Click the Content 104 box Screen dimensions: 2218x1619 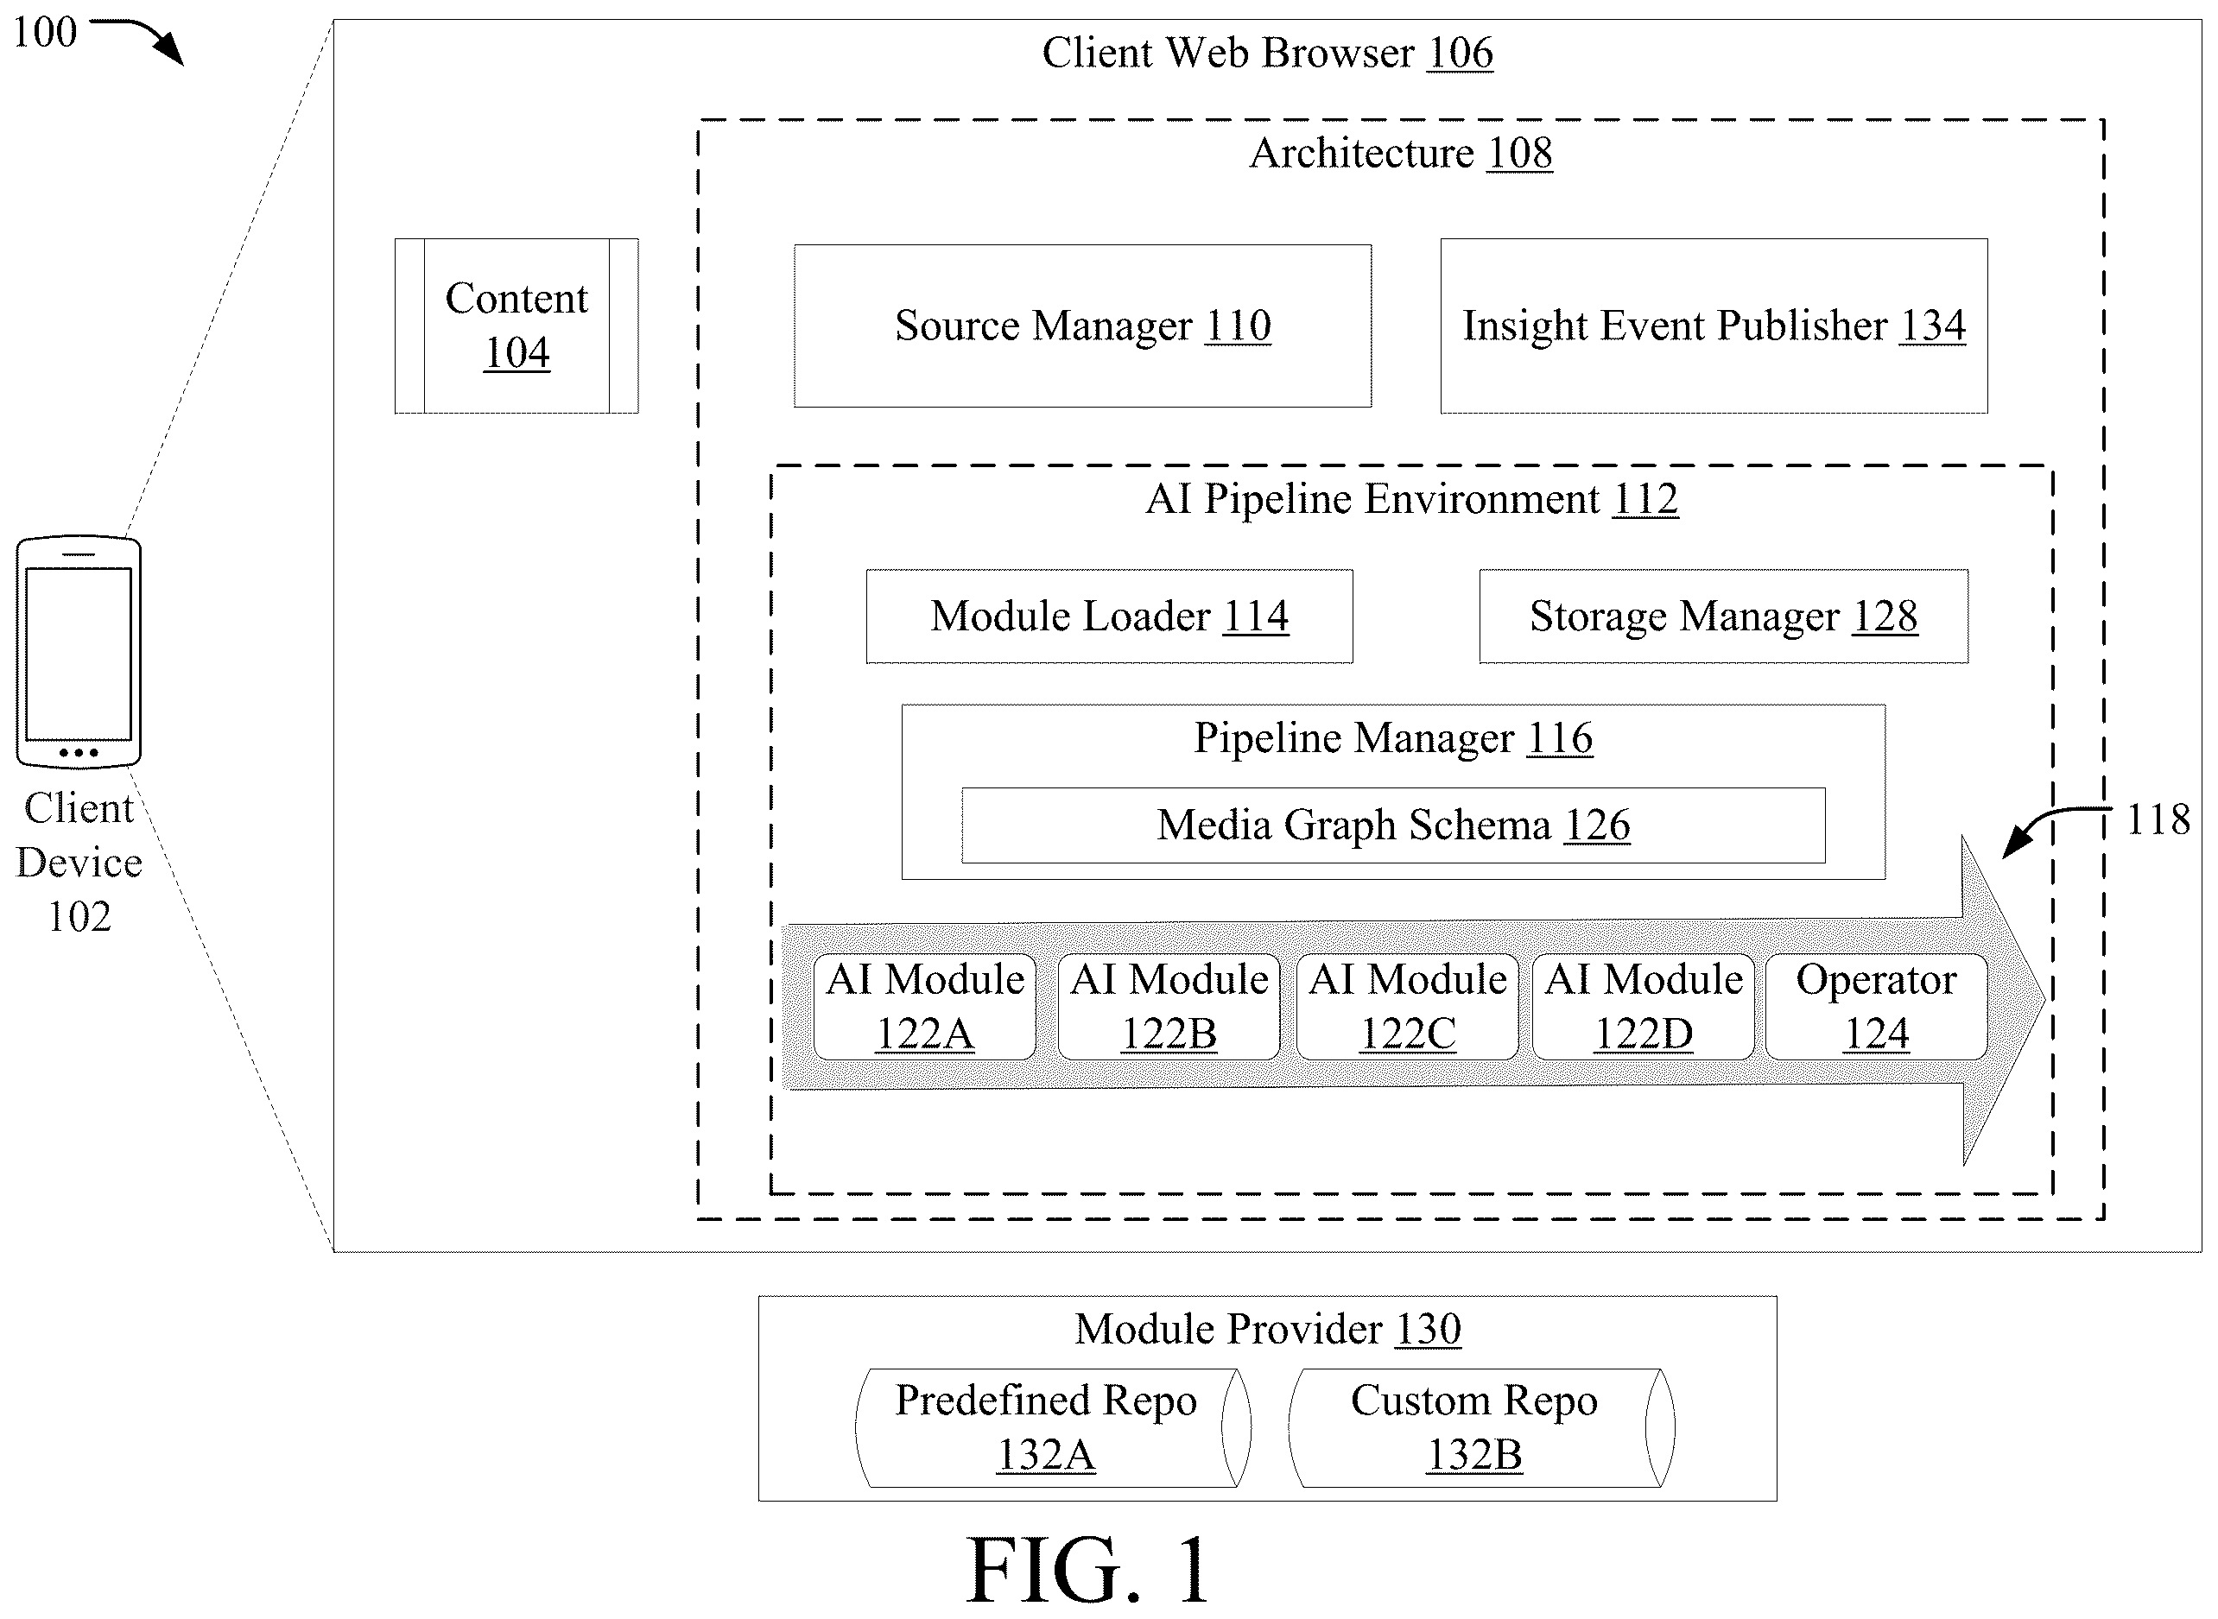pos(516,326)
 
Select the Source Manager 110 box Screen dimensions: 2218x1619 pos(1082,326)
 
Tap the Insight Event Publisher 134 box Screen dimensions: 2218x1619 pos(1714,326)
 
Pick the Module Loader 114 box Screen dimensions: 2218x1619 pos(1110,617)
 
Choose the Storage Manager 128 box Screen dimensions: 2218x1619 pos(1723,617)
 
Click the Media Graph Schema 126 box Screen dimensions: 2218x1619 pos(1393,825)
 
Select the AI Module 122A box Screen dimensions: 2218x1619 pos(924,1007)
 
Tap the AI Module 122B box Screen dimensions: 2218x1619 pos(1169,1007)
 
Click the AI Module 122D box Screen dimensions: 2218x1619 pos(1644,1007)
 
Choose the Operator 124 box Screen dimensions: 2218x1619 pos(1876,1007)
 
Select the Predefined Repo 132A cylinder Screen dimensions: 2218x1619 pos(1053,1428)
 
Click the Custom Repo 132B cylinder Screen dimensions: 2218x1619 pos(1481,1428)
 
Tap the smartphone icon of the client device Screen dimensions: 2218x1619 pos(79,652)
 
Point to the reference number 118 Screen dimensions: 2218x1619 pos(2158,819)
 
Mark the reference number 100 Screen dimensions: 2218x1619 pos(44,31)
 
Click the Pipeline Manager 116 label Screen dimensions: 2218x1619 pos(1393,738)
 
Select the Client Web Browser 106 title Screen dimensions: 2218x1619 pos(1267,52)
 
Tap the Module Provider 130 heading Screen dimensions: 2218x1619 pos(1267,1329)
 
